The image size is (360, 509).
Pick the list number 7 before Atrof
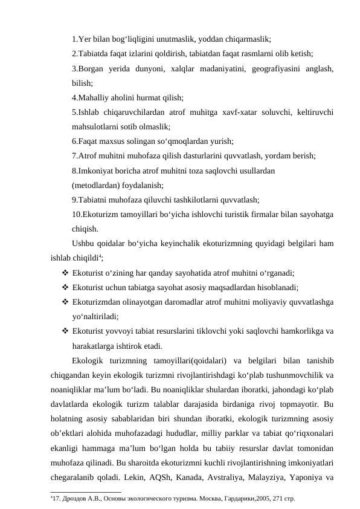[73, 156]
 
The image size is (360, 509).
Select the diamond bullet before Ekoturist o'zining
[64, 273]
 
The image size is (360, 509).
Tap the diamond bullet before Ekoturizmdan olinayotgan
[64, 302]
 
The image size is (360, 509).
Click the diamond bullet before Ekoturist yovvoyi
[64, 331]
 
